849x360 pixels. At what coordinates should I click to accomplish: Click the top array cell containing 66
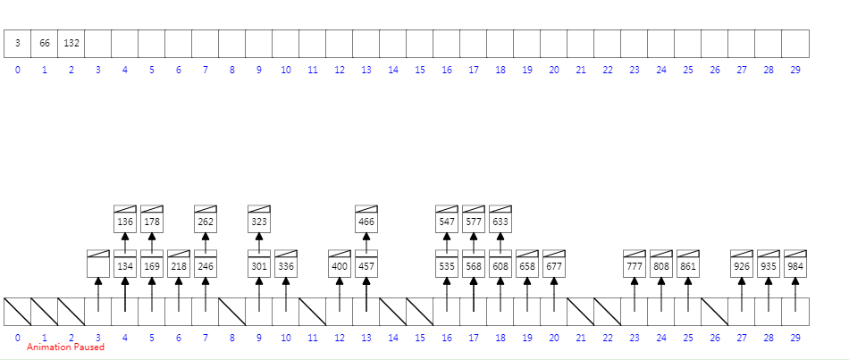[45, 43]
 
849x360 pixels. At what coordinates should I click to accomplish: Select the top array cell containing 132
[71, 43]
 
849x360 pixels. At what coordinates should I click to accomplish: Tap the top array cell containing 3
[18, 43]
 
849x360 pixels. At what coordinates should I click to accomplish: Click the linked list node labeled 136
[125, 221]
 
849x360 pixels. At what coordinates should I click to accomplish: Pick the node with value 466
[366, 221]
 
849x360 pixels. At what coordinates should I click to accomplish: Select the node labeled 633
[500, 221]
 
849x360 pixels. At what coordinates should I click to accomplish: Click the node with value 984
[795, 265]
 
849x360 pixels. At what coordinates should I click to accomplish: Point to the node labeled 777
[635, 265]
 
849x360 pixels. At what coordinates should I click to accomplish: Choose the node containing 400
[340, 265]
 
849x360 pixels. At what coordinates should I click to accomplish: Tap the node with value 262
[206, 221]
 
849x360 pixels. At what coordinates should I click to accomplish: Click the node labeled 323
[259, 221]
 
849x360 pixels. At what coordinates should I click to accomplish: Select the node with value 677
[554, 265]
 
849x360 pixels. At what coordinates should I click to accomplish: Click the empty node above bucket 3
[98, 265]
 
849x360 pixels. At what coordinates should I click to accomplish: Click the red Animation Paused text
[65, 347]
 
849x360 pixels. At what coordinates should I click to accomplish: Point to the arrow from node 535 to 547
[447, 242]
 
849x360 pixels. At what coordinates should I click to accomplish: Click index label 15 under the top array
[420, 70]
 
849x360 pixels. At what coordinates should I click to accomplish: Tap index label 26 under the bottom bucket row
[715, 338]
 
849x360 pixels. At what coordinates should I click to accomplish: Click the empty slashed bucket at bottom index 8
[232, 311]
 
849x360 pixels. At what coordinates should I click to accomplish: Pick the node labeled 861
[688, 265]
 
